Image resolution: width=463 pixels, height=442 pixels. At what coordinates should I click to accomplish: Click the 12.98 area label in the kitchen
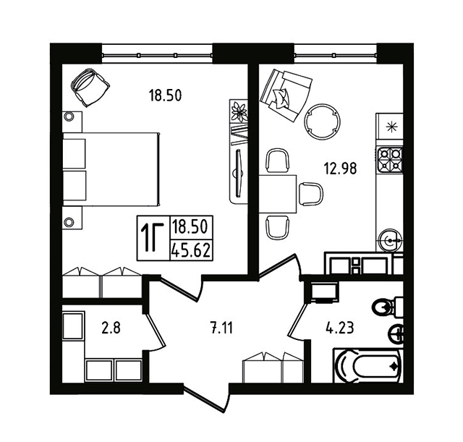point(340,169)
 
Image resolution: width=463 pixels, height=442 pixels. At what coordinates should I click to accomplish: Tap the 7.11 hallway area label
point(221,328)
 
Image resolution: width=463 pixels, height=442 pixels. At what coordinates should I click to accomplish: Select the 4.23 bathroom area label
point(339,328)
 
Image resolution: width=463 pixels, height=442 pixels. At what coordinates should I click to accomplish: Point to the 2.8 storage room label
point(111,328)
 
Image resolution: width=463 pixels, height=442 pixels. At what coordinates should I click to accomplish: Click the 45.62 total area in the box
point(191,251)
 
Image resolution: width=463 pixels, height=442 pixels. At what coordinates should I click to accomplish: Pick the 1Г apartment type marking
point(153,238)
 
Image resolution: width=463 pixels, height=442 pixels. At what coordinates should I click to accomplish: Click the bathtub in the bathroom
point(368,366)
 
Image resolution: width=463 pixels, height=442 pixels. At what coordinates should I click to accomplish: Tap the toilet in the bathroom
point(388,307)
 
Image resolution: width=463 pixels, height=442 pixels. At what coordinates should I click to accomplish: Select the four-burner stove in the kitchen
point(390,160)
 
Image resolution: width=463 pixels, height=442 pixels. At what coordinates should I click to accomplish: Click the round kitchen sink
point(390,240)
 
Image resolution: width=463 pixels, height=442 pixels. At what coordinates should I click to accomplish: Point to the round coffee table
point(322,121)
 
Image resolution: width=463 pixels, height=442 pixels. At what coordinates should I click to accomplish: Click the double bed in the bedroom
point(111,169)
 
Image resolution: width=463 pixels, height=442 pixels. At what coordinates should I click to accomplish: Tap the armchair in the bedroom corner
point(90,88)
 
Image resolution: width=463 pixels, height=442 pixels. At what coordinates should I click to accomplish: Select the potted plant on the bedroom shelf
point(239,111)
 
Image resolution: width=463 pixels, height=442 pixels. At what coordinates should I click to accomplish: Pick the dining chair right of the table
point(310,193)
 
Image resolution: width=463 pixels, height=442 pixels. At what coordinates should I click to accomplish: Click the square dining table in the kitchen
point(278,194)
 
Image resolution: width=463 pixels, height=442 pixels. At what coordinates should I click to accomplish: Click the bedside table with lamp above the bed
point(72,122)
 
